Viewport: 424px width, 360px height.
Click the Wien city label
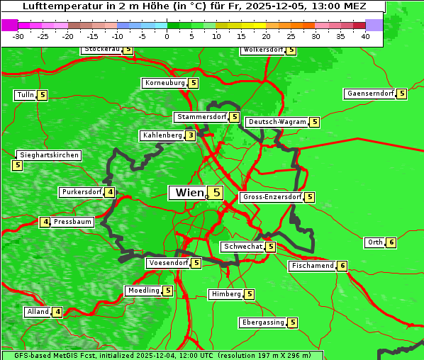coord(189,193)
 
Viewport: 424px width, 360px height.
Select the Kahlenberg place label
coord(162,135)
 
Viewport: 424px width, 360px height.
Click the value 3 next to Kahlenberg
coord(191,135)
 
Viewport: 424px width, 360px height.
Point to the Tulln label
coord(25,95)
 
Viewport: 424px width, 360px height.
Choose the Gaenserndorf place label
coord(369,94)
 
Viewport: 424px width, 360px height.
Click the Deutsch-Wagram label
coord(277,122)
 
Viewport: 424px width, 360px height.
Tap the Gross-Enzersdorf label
coord(272,197)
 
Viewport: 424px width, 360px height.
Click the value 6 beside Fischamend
coord(342,266)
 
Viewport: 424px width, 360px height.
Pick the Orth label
coord(374,242)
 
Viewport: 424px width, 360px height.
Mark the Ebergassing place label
coord(263,322)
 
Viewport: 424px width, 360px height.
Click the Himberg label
coord(226,294)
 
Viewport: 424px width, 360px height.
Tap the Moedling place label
coord(143,291)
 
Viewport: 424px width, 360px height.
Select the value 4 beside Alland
coord(57,312)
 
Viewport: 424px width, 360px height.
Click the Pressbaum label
coord(73,222)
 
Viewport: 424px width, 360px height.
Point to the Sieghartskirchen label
coord(48,155)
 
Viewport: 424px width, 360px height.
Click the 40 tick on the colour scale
coord(365,36)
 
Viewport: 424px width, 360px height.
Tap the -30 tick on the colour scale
coord(18,36)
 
